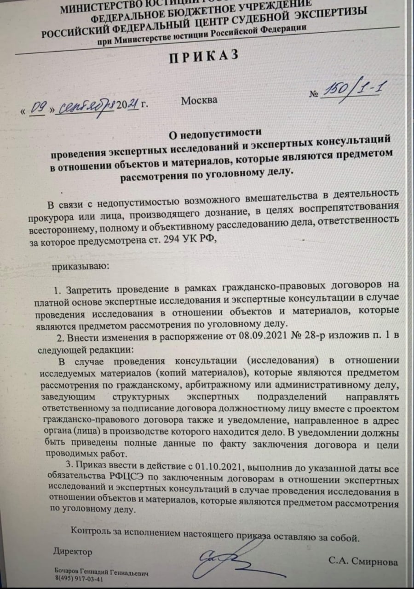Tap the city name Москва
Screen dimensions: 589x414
[199, 100]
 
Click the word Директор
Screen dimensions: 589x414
[72, 551]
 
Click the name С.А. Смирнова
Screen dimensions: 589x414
[363, 562]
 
